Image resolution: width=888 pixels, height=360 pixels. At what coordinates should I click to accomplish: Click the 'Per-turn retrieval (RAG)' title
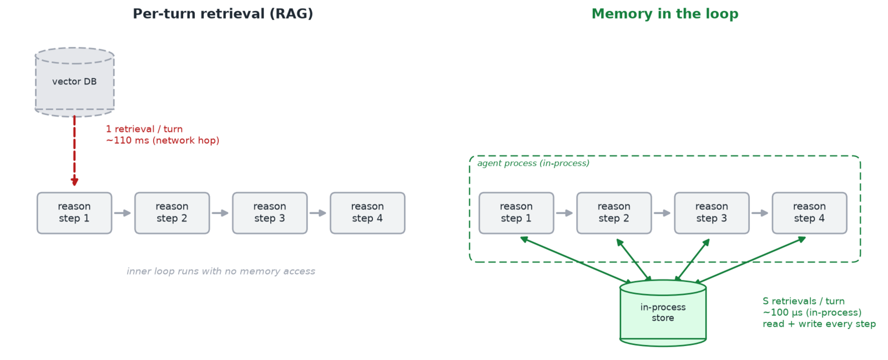point(223,14)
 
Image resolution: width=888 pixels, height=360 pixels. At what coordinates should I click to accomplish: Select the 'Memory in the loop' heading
point(665,14)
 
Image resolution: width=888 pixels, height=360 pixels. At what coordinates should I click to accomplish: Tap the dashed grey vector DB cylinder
point(74,83)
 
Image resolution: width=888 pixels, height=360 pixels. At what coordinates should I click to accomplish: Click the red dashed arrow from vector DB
point(74,150)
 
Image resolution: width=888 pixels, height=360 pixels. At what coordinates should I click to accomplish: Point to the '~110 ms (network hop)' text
point(163,140)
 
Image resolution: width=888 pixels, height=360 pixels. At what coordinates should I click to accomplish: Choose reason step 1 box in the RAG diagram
point(74,213)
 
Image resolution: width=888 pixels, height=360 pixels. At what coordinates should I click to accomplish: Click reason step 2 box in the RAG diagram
point(172,213)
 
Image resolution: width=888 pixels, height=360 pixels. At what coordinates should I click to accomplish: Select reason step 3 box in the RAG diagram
point(270,213)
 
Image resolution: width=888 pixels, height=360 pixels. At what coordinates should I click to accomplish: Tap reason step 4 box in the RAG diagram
point(367,213)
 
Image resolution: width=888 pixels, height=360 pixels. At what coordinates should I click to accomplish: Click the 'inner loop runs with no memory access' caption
point(221,271)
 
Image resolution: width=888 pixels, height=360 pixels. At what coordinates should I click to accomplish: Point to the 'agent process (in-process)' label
point(533,163)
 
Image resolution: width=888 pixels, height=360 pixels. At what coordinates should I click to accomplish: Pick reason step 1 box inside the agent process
point(516,213)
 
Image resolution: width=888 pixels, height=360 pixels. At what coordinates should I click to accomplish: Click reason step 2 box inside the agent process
point(614,213)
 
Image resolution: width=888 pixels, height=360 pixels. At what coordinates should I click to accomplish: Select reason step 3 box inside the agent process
point(712,213)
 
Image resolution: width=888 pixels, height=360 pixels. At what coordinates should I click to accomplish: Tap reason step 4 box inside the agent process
point(810,213)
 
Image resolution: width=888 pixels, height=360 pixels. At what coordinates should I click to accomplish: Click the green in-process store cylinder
point(663,313)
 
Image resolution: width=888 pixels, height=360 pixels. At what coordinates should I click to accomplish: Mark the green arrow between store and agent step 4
point(750,260)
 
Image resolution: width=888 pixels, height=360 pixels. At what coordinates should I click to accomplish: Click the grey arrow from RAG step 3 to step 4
point(318,213)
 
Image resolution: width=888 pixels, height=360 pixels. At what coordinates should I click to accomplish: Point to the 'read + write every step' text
point(819,324)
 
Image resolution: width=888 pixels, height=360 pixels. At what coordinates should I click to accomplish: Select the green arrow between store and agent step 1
point(576,260)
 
